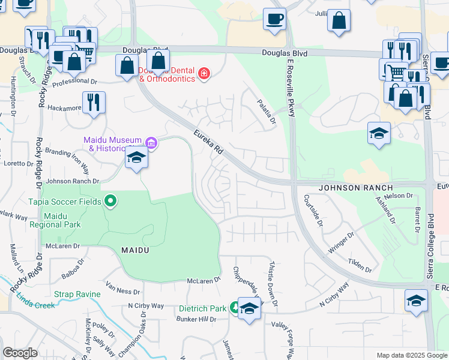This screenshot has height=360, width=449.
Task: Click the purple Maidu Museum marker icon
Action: coord(151,143)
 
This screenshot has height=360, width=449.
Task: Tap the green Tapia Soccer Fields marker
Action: coord(110,201)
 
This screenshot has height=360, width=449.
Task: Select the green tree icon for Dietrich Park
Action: coord(233,308)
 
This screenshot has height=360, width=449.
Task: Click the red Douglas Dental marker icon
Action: coord(204,74)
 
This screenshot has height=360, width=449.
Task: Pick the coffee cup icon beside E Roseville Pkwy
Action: coord(274,19)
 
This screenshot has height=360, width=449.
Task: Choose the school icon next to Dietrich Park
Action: coord(249,308)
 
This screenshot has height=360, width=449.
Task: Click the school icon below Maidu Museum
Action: coord(137,158)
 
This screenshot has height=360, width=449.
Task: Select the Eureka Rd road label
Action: coord(208,142)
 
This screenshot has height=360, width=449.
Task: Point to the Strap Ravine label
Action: coord(76,295)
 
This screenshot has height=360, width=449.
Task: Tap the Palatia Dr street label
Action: coord(266,112)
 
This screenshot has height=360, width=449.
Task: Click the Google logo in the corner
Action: coord(20,353)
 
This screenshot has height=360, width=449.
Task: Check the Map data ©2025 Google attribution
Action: coord(411,355)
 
